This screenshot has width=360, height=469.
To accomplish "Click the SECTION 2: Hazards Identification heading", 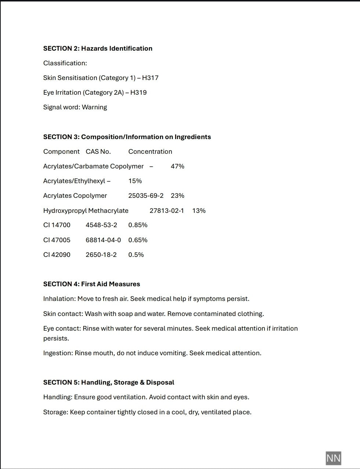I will (98, 48).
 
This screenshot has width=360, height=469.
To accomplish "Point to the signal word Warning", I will (94, 107).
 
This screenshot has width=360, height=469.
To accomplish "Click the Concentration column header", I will (150, 152).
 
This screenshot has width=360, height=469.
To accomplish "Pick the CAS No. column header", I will (98, 152).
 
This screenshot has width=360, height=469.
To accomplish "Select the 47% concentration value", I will (177, 166).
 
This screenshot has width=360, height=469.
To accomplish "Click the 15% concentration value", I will (135, 181).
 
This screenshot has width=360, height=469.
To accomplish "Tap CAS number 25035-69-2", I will (146, 196).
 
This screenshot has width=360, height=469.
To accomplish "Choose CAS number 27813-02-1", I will (167, 211).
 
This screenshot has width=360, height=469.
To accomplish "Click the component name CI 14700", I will (57, 225).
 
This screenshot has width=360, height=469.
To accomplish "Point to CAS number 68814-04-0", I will (103, 240).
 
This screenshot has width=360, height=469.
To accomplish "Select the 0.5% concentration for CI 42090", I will (136, 255).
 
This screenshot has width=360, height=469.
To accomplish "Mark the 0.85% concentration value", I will (138, 225).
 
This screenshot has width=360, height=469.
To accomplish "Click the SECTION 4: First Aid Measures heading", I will (91, 284).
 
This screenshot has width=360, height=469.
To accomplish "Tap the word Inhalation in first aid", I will (59, 299).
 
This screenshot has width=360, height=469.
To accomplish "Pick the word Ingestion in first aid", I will (58, 353).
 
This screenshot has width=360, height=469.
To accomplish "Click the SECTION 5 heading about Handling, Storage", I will (109, 382).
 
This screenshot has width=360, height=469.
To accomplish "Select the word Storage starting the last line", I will (55, 412).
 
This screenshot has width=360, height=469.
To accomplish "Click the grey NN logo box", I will (333, 458).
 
